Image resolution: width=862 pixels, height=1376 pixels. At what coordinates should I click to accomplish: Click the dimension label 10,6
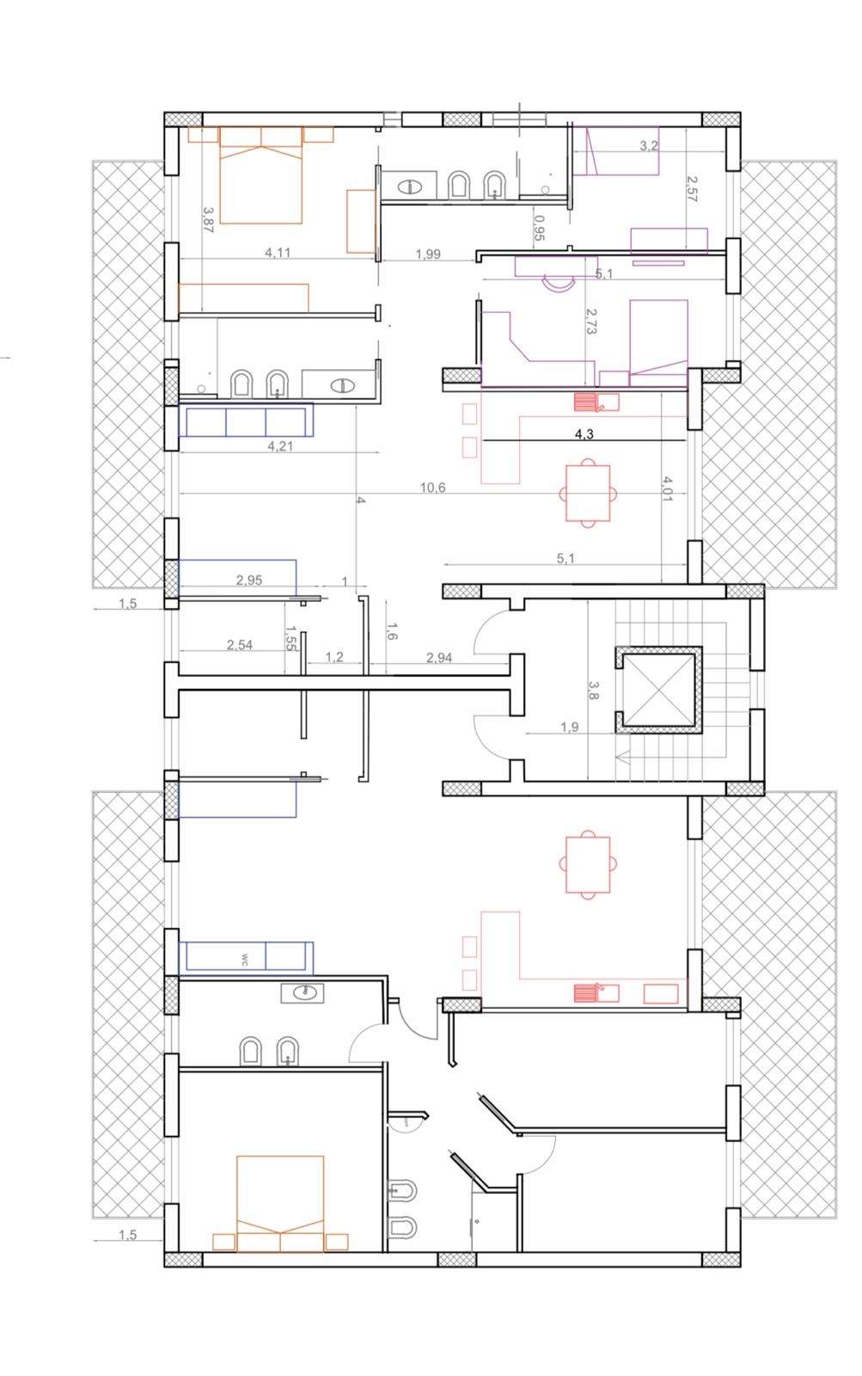pos(432,488)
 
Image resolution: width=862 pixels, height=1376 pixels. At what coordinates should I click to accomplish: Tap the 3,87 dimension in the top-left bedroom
pos(208,219)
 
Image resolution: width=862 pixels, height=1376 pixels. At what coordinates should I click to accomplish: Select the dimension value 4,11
pos(278,253)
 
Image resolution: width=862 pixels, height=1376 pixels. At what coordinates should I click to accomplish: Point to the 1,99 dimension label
pos(428,254)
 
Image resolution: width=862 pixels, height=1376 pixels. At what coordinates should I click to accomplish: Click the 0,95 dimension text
pos(539,227)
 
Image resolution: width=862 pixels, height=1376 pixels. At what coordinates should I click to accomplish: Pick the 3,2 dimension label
pos(649,145)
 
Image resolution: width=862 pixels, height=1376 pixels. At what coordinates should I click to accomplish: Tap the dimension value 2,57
pos(692,188)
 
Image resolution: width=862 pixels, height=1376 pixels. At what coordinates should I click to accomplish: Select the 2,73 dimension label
pos(590,321)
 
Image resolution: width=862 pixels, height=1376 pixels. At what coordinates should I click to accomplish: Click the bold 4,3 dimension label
pos(584,433)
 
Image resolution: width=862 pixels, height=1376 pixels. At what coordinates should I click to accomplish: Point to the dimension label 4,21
pos(280,446)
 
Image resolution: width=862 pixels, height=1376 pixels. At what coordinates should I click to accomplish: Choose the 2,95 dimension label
pos(249,580)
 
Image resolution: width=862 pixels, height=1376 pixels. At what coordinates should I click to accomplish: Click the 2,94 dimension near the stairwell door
pos(439,658)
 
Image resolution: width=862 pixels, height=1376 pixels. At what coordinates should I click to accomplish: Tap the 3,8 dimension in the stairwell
pos(593,690)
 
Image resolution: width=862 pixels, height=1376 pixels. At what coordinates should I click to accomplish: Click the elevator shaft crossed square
pos(659,690)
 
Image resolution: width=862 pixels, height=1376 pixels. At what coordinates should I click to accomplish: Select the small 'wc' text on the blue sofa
pos(244,960)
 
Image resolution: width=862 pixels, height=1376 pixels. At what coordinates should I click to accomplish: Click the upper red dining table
pos(588,493)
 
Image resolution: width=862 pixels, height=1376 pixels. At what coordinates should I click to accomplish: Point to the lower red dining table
pos(588,864)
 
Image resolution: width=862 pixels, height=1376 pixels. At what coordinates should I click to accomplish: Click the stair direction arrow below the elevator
pos(622,758)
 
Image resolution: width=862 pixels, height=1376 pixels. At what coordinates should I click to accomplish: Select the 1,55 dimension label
pos(290,638)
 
